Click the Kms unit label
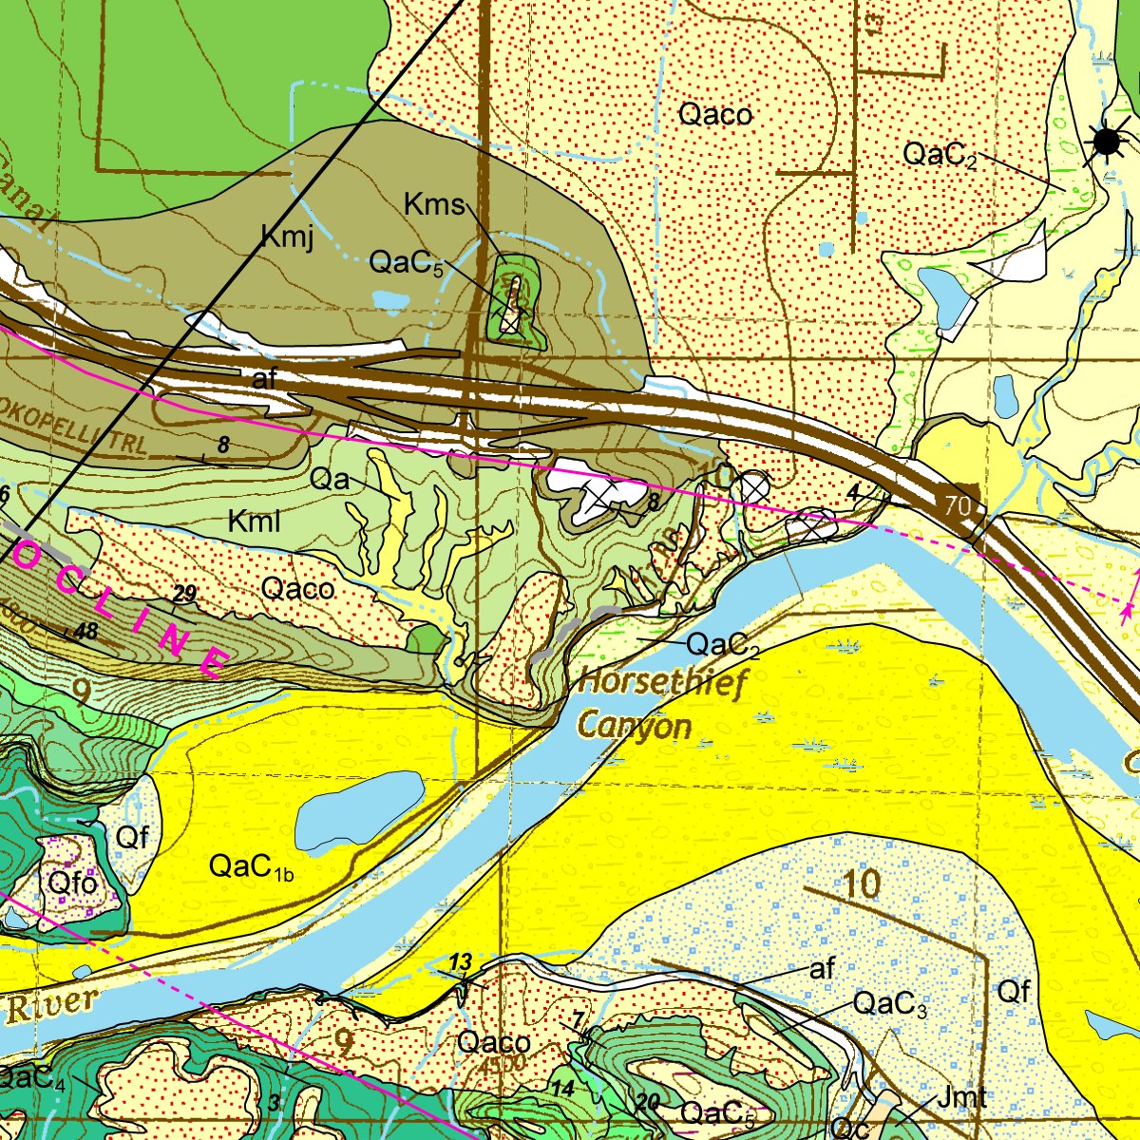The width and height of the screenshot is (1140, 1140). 434,204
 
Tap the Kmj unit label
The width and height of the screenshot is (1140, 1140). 287,237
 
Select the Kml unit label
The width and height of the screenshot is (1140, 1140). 254,521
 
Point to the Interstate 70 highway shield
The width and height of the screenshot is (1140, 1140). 959,505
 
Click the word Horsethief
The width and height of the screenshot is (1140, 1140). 663,682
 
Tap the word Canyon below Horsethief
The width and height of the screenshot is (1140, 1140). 634,726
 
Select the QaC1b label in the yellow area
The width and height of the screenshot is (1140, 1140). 250,866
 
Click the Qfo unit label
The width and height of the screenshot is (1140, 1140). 72,883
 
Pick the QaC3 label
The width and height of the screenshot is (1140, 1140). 889,1004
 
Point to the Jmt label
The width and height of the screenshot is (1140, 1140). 961,1098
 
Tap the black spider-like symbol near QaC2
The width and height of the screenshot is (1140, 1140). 1107,142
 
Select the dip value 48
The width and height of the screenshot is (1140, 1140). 85,631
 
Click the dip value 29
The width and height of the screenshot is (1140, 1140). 184,595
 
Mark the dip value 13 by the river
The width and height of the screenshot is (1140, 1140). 460,963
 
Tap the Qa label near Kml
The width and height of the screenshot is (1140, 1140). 331,480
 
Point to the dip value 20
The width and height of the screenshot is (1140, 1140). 648,1101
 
